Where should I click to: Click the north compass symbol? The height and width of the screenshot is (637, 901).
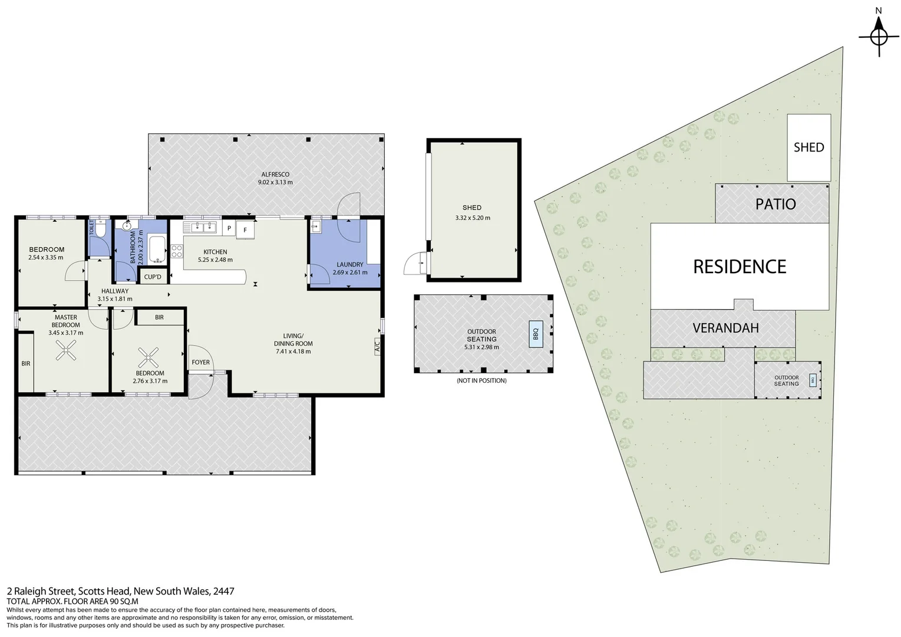[x=878, y=37]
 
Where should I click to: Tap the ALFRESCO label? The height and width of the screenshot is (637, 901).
[x=275, y=175]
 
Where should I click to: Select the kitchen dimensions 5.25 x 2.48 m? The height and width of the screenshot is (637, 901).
[x=215, y=260]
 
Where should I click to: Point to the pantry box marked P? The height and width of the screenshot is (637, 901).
[x=229, y=228]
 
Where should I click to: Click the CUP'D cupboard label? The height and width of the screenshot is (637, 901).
[x=153, y=277]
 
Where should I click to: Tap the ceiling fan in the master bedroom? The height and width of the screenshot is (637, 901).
[x=65, y=353]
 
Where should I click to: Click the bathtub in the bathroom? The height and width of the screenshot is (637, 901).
[x=157, y=249]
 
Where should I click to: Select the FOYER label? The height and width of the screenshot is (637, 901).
[x=200, y=362]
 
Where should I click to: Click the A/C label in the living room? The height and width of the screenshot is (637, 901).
[x=377, y=346]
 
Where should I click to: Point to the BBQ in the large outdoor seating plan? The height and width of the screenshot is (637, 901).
[x=536, y=334]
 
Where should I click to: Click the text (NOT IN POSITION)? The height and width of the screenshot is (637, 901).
[x=481, y=380]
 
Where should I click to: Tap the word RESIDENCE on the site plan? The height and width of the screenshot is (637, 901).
[x=739, y=267]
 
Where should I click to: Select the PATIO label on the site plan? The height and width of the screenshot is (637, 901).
[x=775, y=204]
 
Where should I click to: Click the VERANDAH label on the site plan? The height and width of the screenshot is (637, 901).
[x=725, y=328]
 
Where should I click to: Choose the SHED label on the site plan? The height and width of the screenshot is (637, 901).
[x=808, y=147]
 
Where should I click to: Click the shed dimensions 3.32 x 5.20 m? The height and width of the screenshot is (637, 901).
[x=473, y=218]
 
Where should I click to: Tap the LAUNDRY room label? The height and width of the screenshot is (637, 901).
[x=350, y=265]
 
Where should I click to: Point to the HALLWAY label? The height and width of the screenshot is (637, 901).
[x=114, y=291]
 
